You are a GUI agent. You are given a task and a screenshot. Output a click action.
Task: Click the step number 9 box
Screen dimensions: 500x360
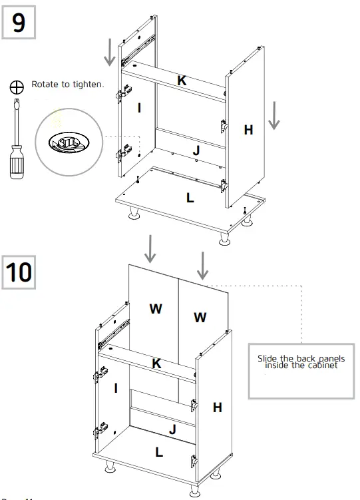pos(19,23)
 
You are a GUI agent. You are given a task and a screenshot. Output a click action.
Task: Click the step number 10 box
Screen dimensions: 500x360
pos(19,272)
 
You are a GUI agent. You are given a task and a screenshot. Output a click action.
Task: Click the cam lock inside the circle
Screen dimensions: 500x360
pos(64,142)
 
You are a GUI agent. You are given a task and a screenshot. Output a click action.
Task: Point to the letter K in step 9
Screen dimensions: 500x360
pos(181,81)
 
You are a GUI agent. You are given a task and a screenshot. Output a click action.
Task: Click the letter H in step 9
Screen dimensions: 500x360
pos(248,130)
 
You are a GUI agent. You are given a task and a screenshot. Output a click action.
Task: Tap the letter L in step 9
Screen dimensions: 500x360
pos(190,198)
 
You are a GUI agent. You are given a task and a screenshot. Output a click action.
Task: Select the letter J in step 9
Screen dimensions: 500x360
pos(196,151)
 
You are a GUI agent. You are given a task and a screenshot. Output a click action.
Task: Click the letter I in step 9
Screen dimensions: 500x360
pos(138,108)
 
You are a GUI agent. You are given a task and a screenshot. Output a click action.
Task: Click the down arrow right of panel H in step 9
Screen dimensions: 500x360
pos(274,117)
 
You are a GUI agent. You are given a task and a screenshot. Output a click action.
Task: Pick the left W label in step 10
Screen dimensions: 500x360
pos(156,310)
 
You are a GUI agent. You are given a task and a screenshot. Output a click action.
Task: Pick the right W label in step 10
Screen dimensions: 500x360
pos(200,318)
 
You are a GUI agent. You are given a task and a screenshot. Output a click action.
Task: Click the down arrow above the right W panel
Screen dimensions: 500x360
pos(203,265)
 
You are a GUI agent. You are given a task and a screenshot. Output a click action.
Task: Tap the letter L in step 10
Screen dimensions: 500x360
pos(158,452)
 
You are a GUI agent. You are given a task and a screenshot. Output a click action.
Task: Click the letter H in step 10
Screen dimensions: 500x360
pos(217,407)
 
